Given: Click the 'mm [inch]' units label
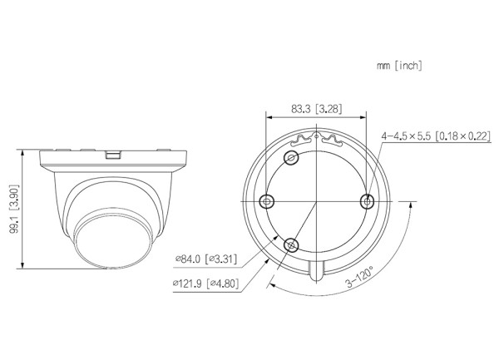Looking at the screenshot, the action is (x=399, y=66).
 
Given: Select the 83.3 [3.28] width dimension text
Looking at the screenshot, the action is (x=317, y=109).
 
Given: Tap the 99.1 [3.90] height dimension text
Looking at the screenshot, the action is (x=15, y=209).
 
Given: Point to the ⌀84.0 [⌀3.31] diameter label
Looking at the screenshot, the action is (x=206, y=259).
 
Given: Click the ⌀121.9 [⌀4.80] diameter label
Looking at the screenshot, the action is (x=205, y=284).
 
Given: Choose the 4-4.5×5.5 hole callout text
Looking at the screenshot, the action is (x=436, y=136).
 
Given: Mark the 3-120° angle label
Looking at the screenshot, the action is (x=359, y=278).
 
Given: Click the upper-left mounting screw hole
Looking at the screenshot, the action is (x=291, y=157).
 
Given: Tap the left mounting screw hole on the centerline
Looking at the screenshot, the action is (x=267, y=201).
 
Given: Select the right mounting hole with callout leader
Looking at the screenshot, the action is (x=368, y=201).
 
